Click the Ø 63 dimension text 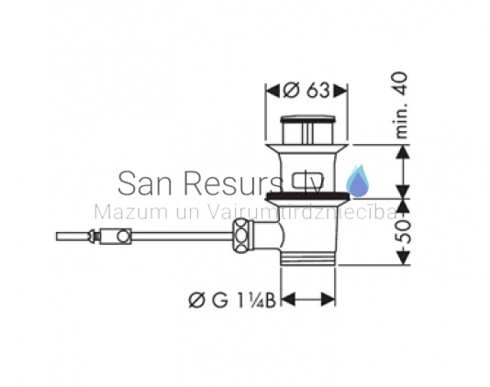pos(306,90)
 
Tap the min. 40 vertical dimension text pos(401,105)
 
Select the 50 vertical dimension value pos(405,231)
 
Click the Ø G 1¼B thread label pos(232,300)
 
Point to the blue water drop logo pos(358,182)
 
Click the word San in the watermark pos(145,183)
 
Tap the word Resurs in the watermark pos(232,183)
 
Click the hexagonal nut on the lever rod pos(241,236)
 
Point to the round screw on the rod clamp pos(124,237)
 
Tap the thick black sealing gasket pos(307,196)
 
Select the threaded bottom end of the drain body pos(308,259)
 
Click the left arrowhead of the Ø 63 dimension pos(273,91)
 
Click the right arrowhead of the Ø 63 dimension pos(340,91)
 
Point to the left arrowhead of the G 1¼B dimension pos(288,300)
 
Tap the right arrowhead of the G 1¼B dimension pos(329,300)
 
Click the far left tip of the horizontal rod pos(57,237)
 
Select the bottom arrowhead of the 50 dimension pos(404,258)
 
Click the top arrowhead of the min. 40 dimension pos(404,152)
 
